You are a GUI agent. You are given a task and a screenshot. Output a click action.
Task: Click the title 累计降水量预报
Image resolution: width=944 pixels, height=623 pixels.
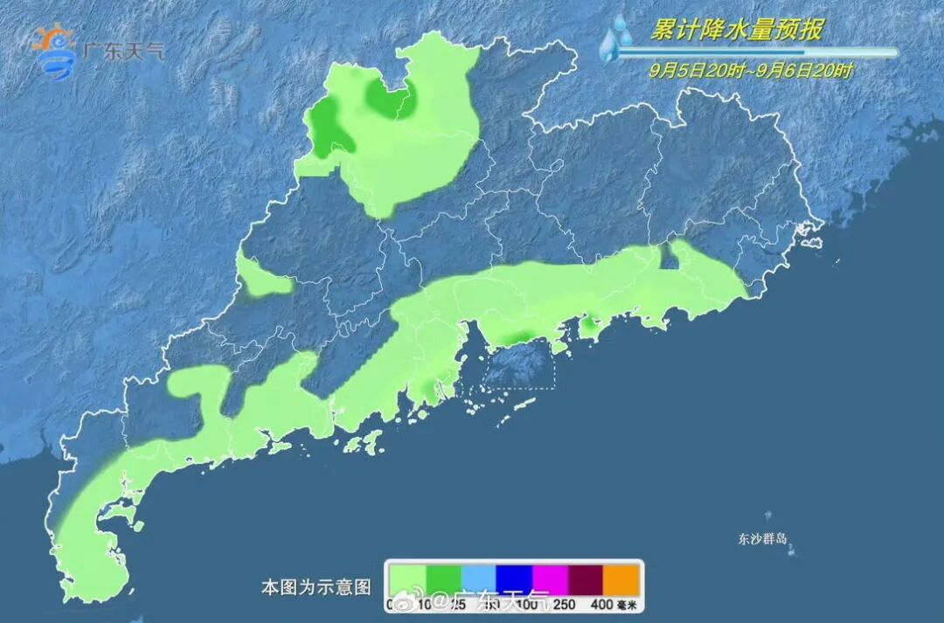point(737,30)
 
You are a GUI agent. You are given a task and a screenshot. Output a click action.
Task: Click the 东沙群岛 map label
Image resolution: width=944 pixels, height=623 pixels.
point(762,539)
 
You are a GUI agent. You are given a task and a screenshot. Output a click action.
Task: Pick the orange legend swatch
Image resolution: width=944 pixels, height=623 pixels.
point(621,578)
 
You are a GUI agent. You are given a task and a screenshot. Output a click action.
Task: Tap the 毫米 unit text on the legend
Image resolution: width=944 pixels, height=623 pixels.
point(627,604)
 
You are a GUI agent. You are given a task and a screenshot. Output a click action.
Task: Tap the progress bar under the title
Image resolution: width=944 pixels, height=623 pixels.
point(756,52)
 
